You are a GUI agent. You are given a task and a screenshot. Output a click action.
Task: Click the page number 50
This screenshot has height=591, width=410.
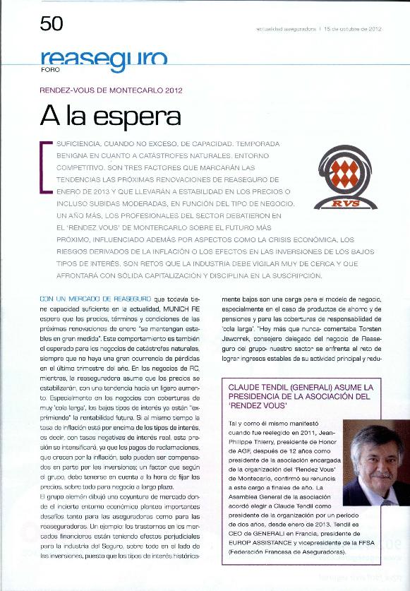click(x=52, y=25)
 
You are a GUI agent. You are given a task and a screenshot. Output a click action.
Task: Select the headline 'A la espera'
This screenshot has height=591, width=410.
click(x=110, y=115)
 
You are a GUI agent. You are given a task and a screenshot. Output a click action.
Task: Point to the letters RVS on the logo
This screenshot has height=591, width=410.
click(x=347, y=204)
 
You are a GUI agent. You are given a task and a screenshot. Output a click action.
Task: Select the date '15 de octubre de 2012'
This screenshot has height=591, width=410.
click(x=352, y=29)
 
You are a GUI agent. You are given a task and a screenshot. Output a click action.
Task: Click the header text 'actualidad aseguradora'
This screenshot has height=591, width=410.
click(x=286, y=29)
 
